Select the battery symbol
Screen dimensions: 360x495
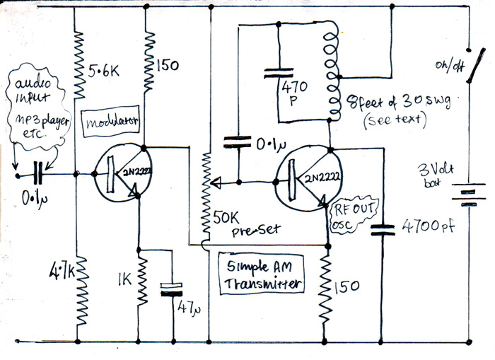click(x=468, y=192)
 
